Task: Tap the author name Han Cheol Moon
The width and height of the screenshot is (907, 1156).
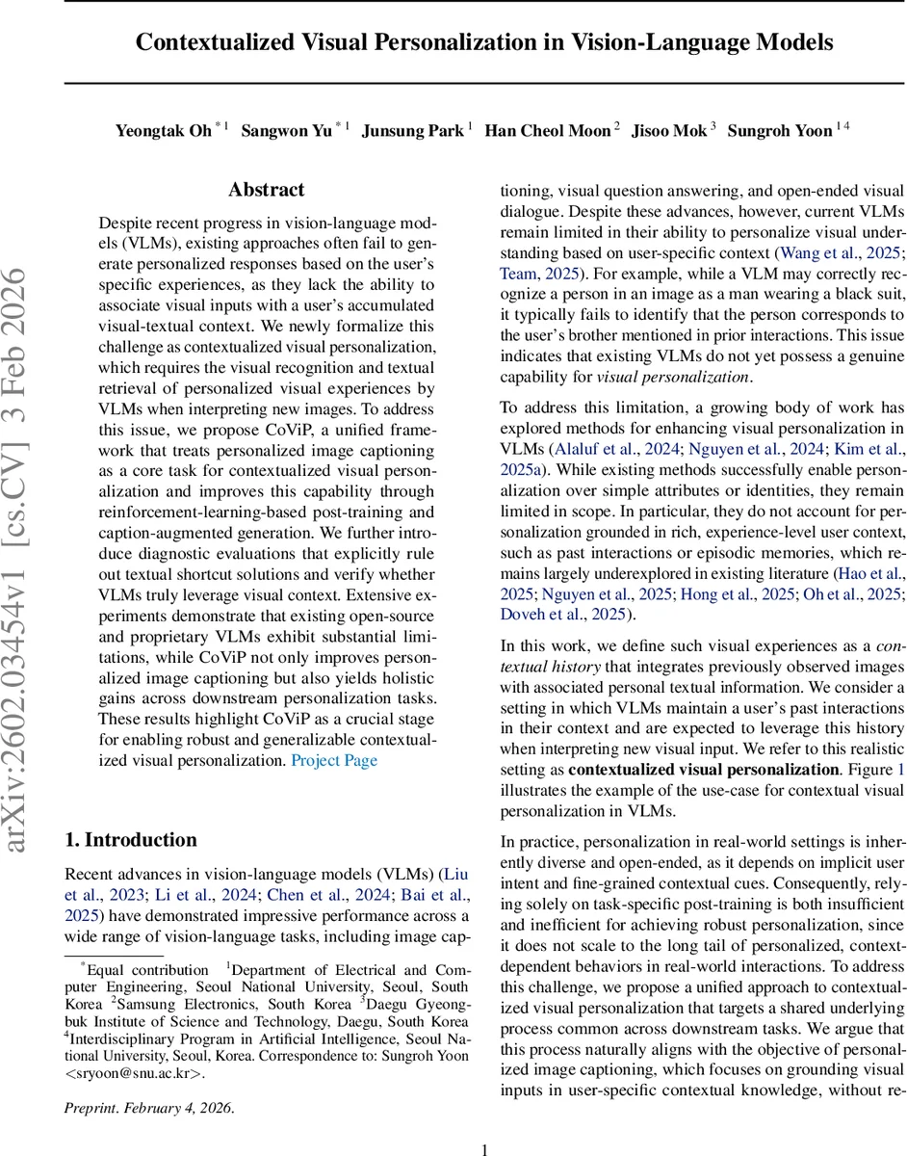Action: [547, 131]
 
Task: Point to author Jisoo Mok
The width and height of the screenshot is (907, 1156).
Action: [668, 131]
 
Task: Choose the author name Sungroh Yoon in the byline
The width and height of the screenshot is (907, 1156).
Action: [780, 131]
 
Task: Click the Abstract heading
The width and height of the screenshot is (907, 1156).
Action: [266, 190]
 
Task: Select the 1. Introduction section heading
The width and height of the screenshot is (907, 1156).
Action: [130, 839]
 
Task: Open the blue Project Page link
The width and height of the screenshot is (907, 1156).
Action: [334, 760]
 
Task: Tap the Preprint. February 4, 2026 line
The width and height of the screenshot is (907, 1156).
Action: [149, 1107]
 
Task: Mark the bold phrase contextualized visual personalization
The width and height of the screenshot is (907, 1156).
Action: [703, 770]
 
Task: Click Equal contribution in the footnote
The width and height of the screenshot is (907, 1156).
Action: [148, 969]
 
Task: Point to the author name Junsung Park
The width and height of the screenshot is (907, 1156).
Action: [412, 131]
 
